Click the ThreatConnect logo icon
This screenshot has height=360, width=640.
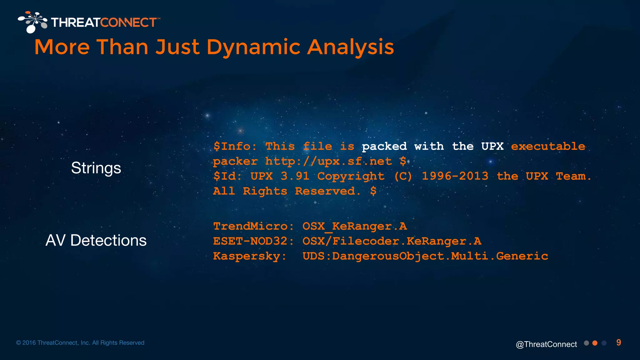(x=32, y=22)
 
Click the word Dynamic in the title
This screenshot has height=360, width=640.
(x=253, y=47)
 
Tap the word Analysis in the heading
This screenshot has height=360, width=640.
(x=350, y=47)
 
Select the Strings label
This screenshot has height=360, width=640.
(x=96, y=168)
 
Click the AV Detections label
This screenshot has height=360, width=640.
(x=96, y=240)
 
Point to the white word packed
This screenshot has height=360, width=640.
(x=384, y=146)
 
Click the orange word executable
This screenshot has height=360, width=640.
(x=548, y=146)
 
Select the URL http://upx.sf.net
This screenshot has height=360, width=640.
(x=328, y=161)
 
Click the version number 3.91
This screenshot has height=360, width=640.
(x=295, y=176)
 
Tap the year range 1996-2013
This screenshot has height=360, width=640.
(x=455, y=176)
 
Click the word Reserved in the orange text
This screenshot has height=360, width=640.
(x=325, y=191)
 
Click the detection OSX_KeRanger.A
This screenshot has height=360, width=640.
(x=354, y=226)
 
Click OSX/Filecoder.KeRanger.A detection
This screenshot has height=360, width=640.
(x=392, y=241)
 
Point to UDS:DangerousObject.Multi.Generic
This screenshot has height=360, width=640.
(x=425, y=256)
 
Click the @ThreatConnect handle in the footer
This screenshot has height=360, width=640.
(x=546, y=344)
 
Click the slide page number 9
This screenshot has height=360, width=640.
(x=618, y=342)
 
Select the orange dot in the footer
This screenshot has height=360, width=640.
(x=595, y=343)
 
